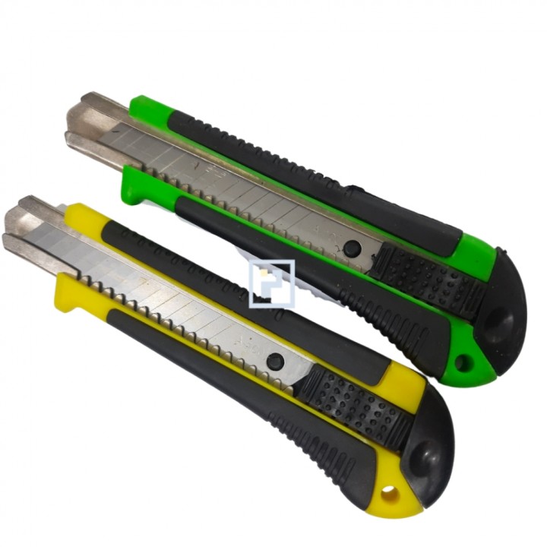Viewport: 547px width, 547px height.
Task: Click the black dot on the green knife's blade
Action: pos(352,249)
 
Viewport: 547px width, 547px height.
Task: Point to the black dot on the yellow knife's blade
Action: pos(275,362)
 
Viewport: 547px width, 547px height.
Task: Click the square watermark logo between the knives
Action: pos(271,283)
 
